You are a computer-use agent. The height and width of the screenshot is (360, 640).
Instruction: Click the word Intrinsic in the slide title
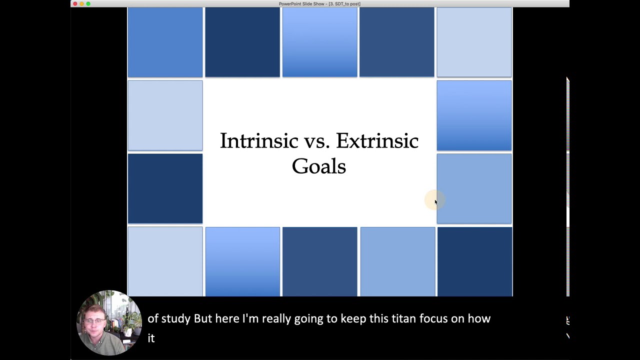(x=258, y=141)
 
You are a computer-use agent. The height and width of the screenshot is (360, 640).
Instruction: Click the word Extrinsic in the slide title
(x=377, y=141)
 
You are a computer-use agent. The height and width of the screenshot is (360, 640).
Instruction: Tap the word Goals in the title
(x=318, y=166)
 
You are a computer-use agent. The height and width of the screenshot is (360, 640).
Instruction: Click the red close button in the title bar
(x=75, y=3)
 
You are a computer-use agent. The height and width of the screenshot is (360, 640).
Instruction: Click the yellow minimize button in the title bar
(x=81, y=3)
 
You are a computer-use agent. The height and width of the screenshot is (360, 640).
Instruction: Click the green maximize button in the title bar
(x=88, y=3)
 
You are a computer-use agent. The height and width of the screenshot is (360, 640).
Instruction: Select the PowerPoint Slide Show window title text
(x=319, y=4)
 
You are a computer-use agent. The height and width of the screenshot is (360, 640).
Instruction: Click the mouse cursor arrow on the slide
(x=435, y=201)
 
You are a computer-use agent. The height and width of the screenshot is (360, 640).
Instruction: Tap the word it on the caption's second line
(x=151, y=338)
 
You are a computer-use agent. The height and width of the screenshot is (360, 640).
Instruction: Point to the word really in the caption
(x=276, y=319)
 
